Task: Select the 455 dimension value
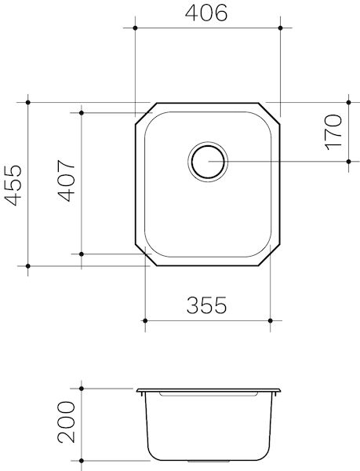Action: point(13,185)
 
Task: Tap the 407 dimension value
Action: point(66,182)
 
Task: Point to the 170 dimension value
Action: point(333,133)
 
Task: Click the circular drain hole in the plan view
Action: point(208,162)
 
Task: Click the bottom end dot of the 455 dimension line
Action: point(28,267)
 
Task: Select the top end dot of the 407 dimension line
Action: point(81,112)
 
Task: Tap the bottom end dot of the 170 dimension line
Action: point(347,162)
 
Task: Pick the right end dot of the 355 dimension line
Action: point(271,320)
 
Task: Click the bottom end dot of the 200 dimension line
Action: point(81,459)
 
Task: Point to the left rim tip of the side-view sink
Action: point(136,389)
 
